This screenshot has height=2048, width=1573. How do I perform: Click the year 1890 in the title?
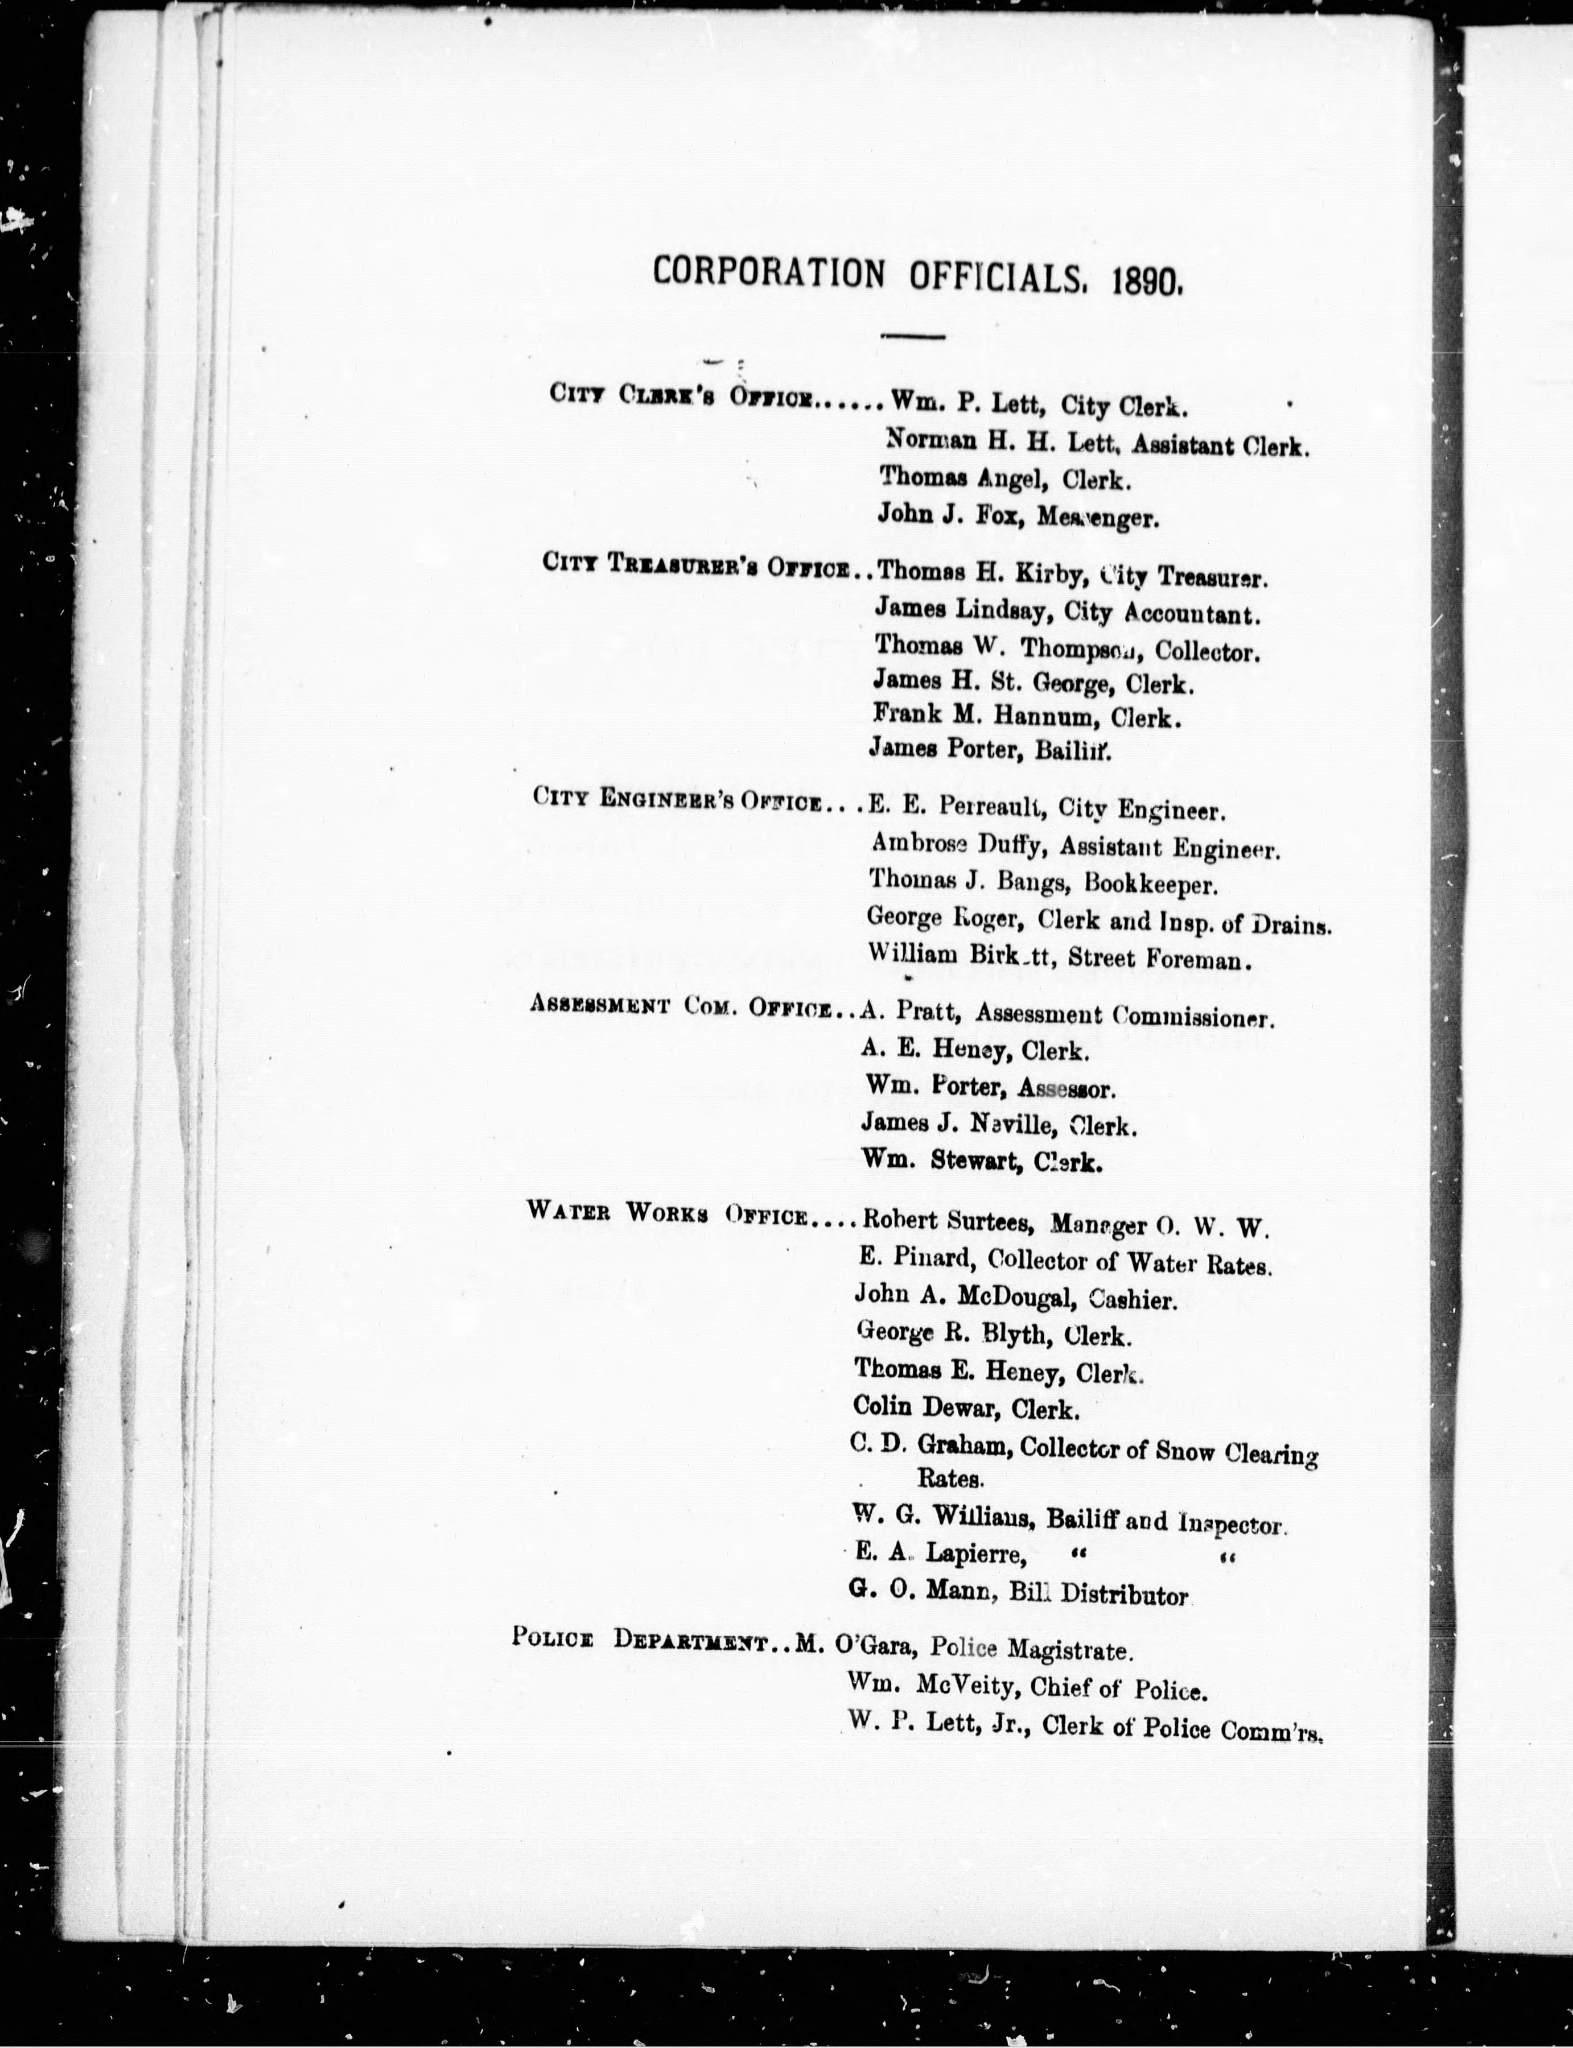(1148, 279)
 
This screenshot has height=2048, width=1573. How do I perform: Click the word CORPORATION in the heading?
(768, 272)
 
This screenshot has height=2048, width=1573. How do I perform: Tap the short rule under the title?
(913, 335)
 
